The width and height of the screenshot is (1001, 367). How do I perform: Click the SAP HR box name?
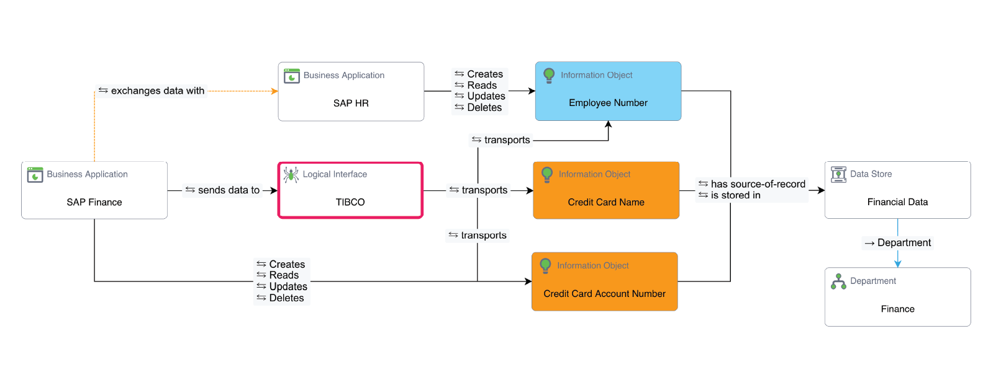coord(351,103)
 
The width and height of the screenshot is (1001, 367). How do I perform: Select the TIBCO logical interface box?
coord(350,190)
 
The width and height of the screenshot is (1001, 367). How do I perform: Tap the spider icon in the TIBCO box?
coord(291,174)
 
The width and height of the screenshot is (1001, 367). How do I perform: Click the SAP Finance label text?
coord(94,202)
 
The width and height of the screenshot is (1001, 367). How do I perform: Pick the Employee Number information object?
coord(608,91)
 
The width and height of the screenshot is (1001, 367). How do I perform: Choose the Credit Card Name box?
coord(606,190)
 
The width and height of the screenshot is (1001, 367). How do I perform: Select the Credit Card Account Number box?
coord(604,281)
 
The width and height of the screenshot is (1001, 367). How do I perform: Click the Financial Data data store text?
coord(897,202)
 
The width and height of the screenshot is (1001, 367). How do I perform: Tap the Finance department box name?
coord(897,309)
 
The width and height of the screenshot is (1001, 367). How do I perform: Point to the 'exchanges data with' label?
coord(157,91)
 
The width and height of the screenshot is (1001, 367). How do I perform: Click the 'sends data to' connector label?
coord(229,190)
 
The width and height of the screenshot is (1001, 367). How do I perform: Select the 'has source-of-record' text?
coord(758,184)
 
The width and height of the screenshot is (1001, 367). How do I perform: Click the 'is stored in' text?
coord(735,195)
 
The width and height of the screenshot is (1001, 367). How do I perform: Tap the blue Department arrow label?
coord(904,242)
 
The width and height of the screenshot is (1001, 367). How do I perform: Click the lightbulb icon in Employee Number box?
coord(549,75)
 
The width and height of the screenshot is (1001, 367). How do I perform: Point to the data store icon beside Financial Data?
coord(838,174)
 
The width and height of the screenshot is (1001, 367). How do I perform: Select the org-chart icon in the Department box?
coord(838,281)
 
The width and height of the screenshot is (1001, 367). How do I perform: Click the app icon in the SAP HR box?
coord(292,76)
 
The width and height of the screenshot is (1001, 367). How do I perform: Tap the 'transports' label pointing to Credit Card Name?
coord(484,190)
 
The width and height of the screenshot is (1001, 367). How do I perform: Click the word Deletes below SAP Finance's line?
coord(286,298)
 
